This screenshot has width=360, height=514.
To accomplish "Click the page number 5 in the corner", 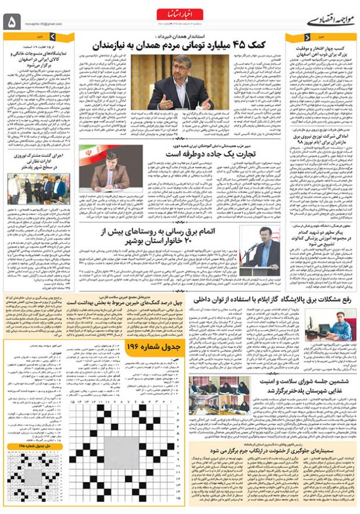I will click(x=13, y=21).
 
